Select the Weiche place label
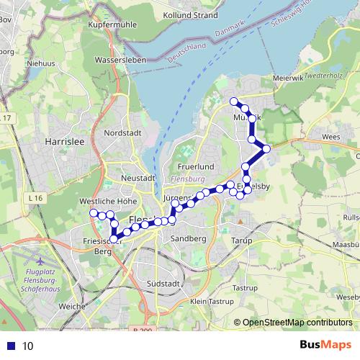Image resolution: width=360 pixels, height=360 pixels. [x=71, y=306]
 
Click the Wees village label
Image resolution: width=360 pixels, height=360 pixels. [x=332, y=135]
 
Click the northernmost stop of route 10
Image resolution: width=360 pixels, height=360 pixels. [x=234, y=102]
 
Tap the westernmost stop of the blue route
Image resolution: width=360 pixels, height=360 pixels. [x=92, y=213]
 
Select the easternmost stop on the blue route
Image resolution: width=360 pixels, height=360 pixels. [x=266, y=149]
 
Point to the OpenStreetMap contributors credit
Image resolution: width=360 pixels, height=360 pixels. [x=297, y=323]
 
